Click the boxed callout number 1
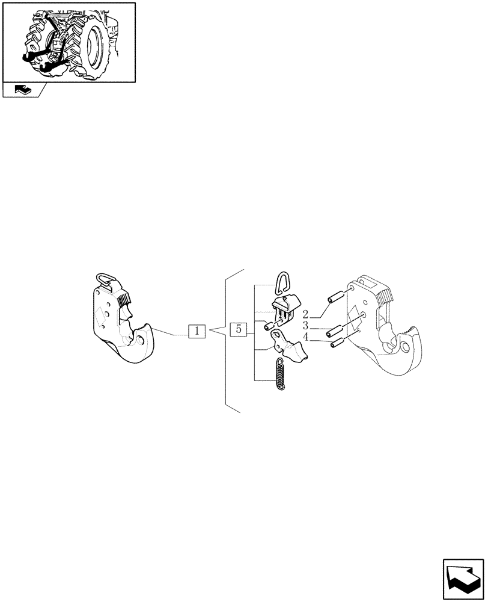[197, 331]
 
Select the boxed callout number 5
[239, 329]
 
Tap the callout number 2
[306, 314]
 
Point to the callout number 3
[306, 326]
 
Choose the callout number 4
[306, 338]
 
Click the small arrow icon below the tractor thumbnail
[22, 91]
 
